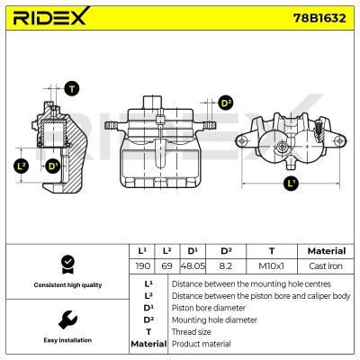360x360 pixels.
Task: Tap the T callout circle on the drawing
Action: (x=72, y=88)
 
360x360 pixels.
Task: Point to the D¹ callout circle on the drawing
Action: (x=53, y=166)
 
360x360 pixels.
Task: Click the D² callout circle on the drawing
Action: (x=227, y=103)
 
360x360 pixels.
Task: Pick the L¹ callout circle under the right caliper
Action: (x=290, y=184)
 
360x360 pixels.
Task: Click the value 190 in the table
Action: (x=142, y=266)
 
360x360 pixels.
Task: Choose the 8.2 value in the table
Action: (x=226, y=266)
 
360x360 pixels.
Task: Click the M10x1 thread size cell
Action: (x=271, y=266)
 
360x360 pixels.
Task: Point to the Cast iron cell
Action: (x=326, y=266)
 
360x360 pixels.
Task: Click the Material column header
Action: (x=326, y=251)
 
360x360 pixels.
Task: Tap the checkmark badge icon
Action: (x=66, y=264)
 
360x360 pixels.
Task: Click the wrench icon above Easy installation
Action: (x=66, y=319)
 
